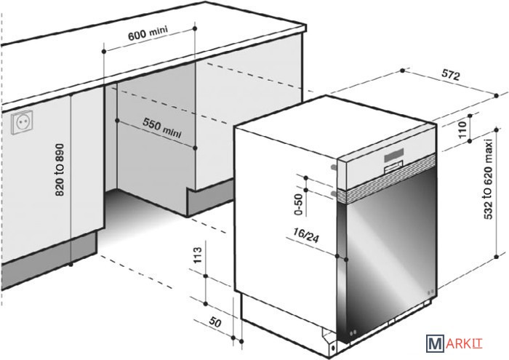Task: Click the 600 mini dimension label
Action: click(x=148, y=33)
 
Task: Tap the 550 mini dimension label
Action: click(x=162, y=127)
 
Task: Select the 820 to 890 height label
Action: click(x=60, y=170)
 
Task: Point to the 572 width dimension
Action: click(x=451, y=76)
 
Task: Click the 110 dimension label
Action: click(x=462, y=129)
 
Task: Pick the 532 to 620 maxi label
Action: click(x=489, y=179)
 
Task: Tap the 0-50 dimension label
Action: click(x=298, y=204)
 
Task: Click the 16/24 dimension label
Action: click(x=306, y=235)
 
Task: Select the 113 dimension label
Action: click(x=197, y=255)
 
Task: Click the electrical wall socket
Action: click(x=22, y=122)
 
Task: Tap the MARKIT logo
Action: click(x=454, y=343)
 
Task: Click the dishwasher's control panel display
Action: click(x=394, y=155)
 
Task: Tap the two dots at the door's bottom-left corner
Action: click(x=352, y=332)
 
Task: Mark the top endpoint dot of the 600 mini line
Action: click(x=195, y=28)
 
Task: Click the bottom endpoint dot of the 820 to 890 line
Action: click(x=71, y=265)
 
